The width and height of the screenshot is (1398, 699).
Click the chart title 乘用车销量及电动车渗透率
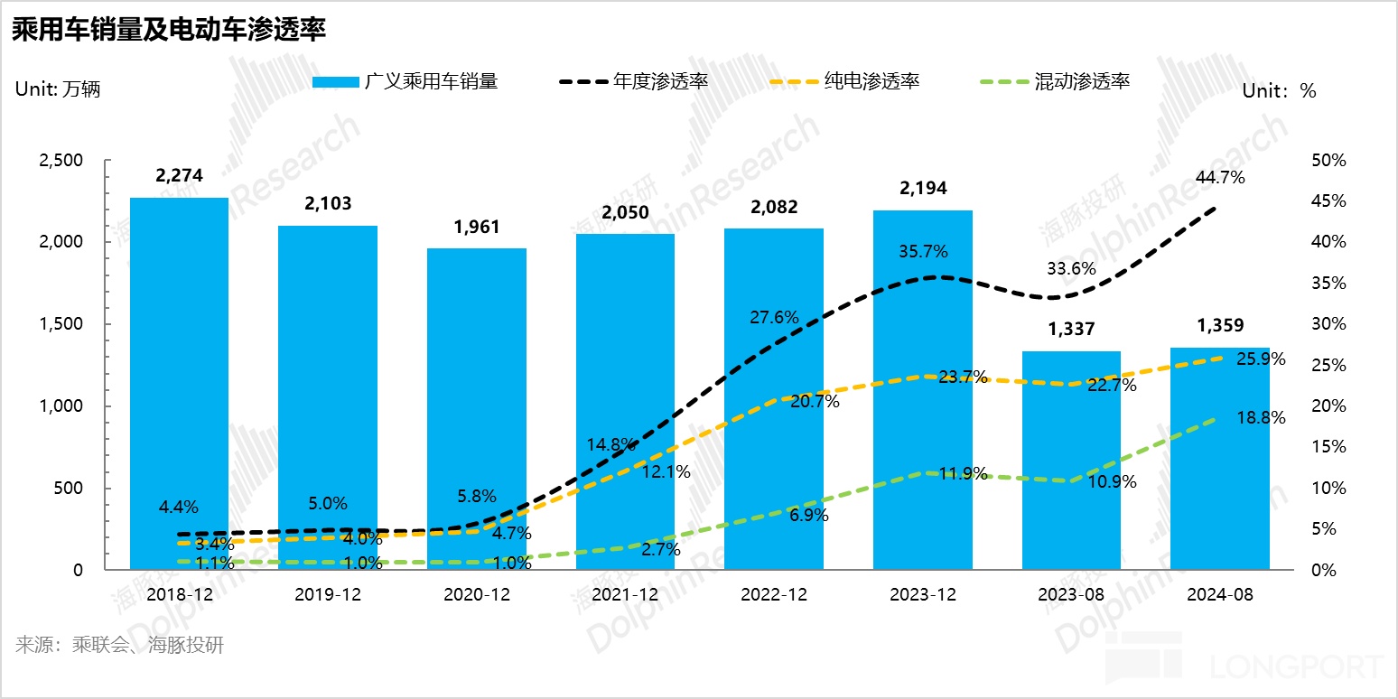168,30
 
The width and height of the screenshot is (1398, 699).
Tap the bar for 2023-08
1071,461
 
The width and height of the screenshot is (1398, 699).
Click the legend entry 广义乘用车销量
405,81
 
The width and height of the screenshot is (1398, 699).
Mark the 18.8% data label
1259,418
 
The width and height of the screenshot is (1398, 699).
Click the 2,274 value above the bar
179,176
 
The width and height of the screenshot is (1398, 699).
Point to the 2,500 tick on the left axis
61,161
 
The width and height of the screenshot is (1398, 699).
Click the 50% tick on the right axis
1327,161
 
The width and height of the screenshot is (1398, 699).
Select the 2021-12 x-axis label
625,596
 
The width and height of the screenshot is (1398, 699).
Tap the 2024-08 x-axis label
1219,596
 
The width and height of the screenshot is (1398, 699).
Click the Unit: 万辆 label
58,89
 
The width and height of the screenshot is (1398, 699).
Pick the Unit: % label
1279,90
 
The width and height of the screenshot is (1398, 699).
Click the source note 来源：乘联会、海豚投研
119,646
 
